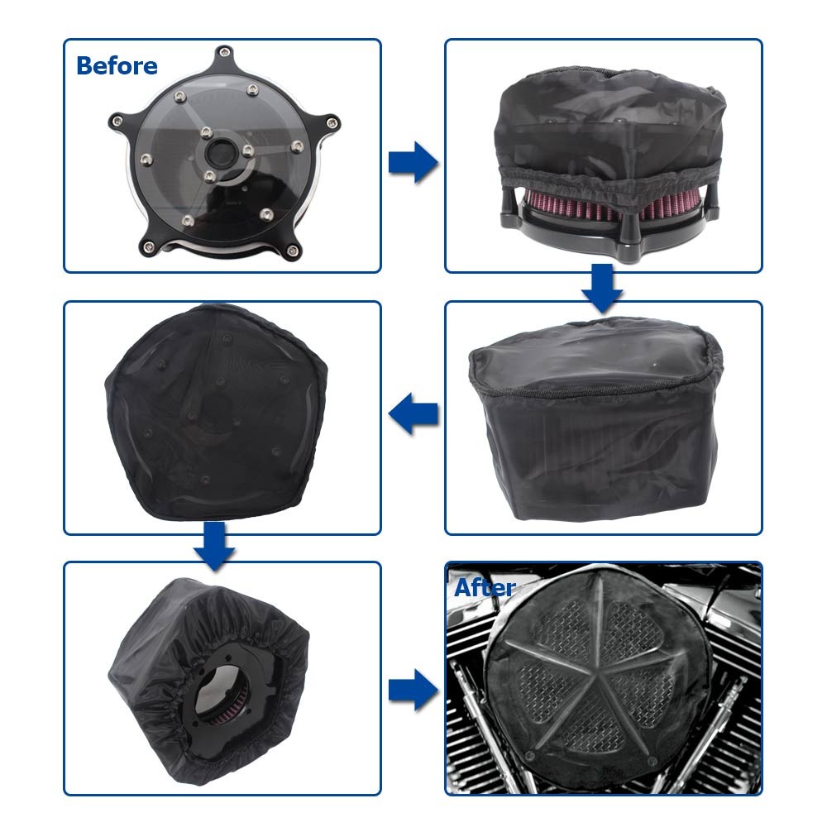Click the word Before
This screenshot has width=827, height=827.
point(117,65)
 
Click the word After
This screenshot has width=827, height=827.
point(485,588)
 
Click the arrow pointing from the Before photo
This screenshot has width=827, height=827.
point(413,160)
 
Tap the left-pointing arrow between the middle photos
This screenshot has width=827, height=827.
point(413,413)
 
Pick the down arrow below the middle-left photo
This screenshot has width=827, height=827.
point(214,546)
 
